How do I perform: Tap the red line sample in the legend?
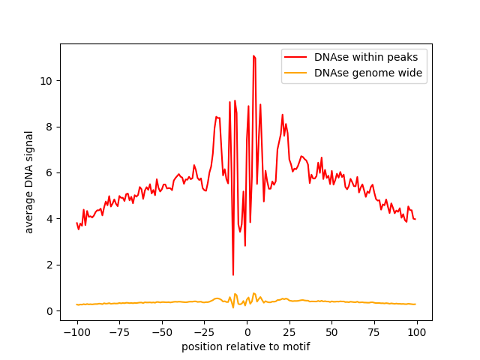tap(295, 56)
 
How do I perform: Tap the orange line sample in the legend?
tap(295, 73)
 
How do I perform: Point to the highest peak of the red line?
tap(253, 55)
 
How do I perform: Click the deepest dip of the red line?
tap(233, 274)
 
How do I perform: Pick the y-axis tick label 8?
tap(49, 127)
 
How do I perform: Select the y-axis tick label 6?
tap(49, 172)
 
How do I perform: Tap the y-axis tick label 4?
tap(49, 219)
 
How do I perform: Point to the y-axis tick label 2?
tap(49, 265)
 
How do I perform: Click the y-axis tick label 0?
tap(49, 311)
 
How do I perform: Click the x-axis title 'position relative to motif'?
tap(246, 346)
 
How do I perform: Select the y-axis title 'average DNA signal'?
tap(29, 181)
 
